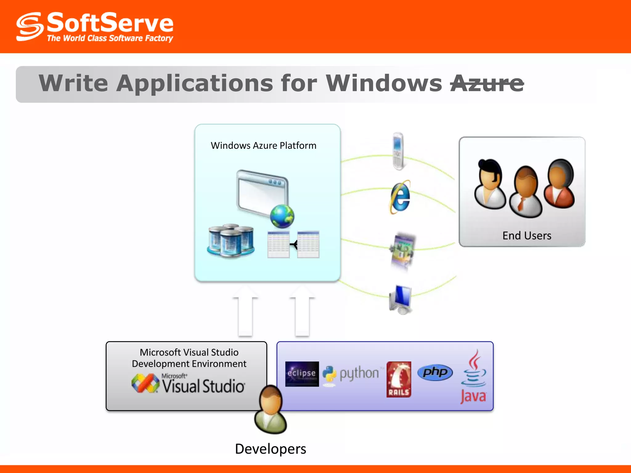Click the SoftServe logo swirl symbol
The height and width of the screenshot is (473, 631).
30,27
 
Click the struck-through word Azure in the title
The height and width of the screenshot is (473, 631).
487,83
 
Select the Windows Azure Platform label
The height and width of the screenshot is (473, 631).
263,145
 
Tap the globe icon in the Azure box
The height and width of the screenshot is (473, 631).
282,216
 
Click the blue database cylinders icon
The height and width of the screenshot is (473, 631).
231,241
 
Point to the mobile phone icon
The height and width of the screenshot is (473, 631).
398,151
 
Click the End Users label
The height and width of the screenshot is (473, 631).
527,236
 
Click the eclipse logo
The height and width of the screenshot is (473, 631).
302,374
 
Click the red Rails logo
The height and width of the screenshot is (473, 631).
399,379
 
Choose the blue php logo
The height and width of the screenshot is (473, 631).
435,373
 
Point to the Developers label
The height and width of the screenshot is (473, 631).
271,449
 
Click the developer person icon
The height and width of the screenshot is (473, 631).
271,410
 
